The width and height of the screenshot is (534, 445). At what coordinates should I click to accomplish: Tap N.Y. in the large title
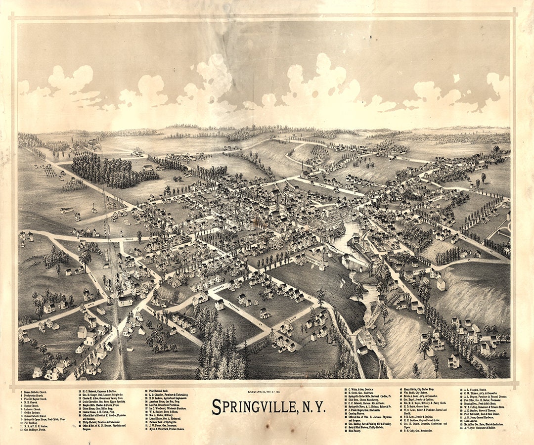(x=311, y=406)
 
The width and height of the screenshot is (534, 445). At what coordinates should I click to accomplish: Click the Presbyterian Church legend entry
(x=38, y=396)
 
